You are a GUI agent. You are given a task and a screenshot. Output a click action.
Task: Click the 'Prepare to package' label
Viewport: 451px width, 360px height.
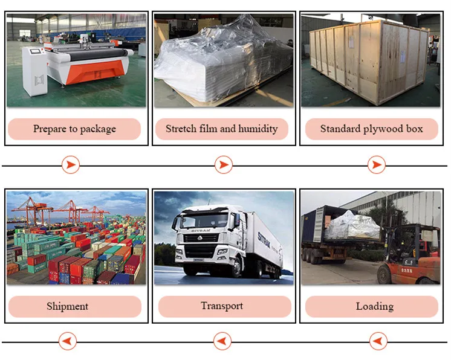[74, 129]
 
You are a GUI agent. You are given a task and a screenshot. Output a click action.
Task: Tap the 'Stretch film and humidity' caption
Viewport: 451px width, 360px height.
[221, 129]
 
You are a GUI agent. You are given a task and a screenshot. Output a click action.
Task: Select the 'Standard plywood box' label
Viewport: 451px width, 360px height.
[372, 129]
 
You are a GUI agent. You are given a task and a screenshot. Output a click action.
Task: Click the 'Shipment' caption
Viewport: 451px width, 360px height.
[68, 307]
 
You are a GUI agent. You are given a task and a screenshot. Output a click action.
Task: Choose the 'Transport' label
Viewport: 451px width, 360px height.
[222, 306]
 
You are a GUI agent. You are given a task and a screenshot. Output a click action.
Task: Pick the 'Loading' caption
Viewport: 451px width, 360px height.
[375, 307]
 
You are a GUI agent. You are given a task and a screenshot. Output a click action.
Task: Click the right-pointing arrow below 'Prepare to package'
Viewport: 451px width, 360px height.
[71, 165]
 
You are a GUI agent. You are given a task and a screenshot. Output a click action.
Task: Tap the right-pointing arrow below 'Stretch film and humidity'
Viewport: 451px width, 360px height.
[224, 165]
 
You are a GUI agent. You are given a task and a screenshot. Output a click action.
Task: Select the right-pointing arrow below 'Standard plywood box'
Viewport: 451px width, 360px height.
[377, 165]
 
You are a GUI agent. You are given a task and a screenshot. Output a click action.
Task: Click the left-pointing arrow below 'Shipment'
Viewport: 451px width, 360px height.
[68, 341]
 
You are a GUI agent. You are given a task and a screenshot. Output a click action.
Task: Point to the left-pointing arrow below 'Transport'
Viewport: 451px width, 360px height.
[222, 341]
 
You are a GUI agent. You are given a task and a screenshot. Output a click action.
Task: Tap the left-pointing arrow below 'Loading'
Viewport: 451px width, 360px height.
[378, 341]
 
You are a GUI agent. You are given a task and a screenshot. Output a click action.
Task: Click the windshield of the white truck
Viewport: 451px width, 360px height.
[204, 221]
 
